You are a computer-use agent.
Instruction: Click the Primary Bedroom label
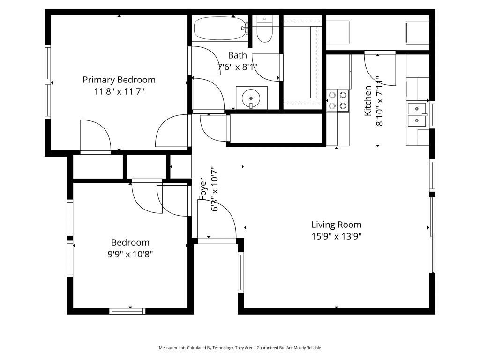tap(119, 80)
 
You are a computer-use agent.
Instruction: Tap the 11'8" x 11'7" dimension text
tap(119, 91)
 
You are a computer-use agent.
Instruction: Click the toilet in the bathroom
tap(264, 30)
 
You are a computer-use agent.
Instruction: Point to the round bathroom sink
tap(251, 98)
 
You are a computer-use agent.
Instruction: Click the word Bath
tap(237, 56)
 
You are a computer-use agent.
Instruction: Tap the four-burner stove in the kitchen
tap(338, 100)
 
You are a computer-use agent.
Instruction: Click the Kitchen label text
tap(368, 101)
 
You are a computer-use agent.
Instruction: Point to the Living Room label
tap(337, 225)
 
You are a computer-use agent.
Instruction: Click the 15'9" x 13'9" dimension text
tap(337, 236)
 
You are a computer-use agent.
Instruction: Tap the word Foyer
tap(203, 188)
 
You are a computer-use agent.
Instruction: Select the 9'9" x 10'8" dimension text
tap(130, 254)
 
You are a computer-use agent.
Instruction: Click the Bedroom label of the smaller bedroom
tap(130, 242)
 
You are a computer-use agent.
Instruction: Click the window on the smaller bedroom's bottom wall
tap(127, 310)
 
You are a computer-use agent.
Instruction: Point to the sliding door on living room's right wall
tap(432, 234)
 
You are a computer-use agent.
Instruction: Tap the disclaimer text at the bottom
tap(240, 348)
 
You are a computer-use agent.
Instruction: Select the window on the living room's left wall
tap(241, 272)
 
